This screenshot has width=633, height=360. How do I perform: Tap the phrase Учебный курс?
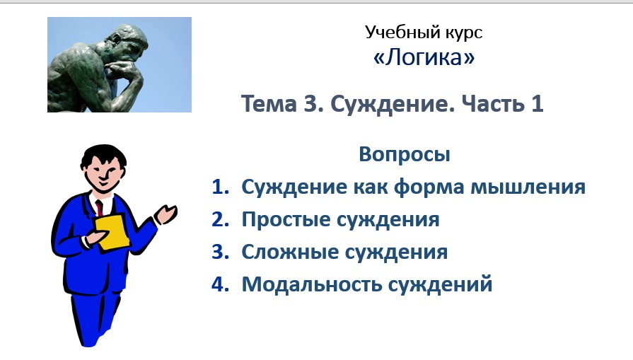pyautogui.click(x=424, y=32)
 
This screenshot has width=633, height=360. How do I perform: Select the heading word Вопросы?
pyautogui.click(x=404, y=154)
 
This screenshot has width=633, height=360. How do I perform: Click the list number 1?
pyautogui.click(x=221, y=187)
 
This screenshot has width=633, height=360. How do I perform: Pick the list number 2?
pyautogui.click(x=221, y=220)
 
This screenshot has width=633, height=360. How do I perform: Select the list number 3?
pyautogui.click(x=221, y=252)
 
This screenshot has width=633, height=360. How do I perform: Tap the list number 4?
pyautogui.click(x=221, y=285)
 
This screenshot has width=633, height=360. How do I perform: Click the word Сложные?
pyautogui.click(x=284, y=252)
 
